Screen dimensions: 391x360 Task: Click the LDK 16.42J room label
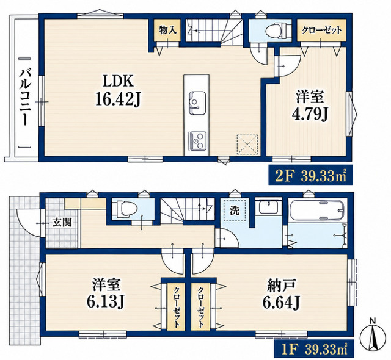pyautogui.click(x=118, y=91)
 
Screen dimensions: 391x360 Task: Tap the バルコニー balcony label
pyautogui.click(x=25, y=98)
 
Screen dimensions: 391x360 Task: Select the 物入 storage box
pyautogui.click(x=167, y=31)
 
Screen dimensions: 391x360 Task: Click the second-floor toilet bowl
pyautogui.click(x=276, y=31)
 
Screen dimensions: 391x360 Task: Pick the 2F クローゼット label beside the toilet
pyautogui.click(x=322, y=31)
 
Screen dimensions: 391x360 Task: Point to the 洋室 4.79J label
pyautogui.click(x=310, y=106)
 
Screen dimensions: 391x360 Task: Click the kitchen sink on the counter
pyautogui.click(x=197, y=103)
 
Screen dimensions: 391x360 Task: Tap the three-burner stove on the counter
pyautogui.click(x=198, y=141)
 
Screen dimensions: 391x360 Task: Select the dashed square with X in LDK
pyautogui.click(x=247, y=145)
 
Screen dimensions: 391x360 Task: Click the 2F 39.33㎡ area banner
pyautogui.click(x=310, y=175)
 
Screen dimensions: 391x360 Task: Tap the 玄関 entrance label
pyautogui.click(x=62, y=222)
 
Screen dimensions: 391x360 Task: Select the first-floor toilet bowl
pyautogui.click(x=125, y=209)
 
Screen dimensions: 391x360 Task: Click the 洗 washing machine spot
pyautogui.click(x=235, y=211)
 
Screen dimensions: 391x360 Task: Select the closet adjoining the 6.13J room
pyautogui.click(x=176, y=307)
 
